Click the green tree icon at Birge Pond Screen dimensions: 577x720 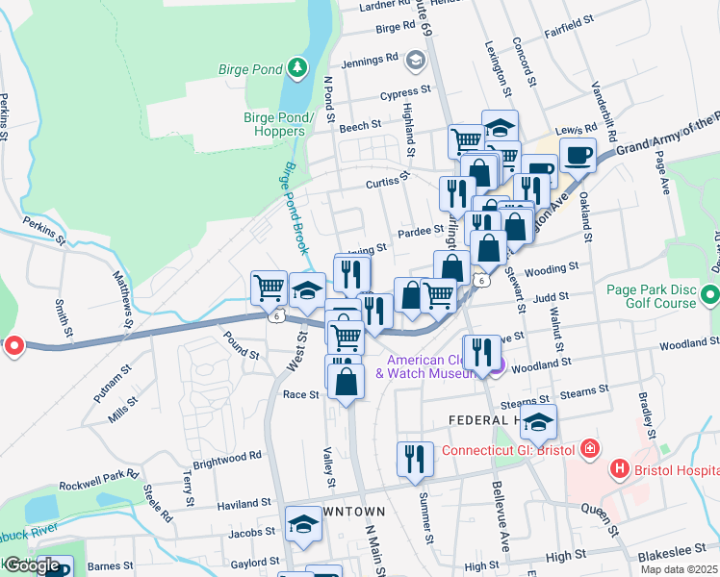pos(298,65)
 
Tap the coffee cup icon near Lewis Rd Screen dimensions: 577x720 pos(578,154)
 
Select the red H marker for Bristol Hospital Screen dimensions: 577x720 pos(620,469)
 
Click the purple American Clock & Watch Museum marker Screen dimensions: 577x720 pos(495,364)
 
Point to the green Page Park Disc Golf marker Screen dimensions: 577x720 pos(710,293)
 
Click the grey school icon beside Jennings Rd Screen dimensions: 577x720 pos(415,60)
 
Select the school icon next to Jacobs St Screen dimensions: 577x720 pos(303,525)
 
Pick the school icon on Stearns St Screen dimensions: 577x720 pos(540,420)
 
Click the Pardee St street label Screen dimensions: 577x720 pos(420,231)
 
